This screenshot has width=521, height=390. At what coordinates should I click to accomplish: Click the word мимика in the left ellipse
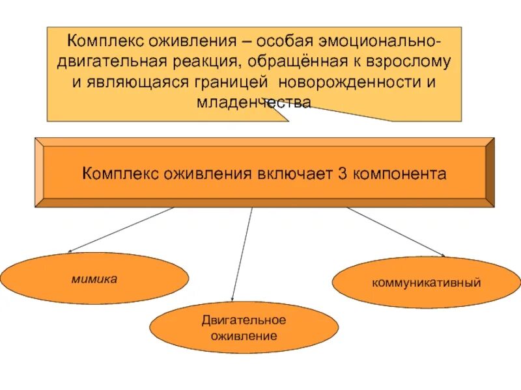(94, 279)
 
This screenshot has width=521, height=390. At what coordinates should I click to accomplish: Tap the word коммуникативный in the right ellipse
(426, 283)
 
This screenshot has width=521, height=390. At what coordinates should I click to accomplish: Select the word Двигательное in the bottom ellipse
(244, 320)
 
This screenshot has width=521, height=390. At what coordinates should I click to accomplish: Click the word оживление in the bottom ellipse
(244, 336)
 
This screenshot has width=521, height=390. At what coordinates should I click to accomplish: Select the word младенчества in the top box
(255, 102)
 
